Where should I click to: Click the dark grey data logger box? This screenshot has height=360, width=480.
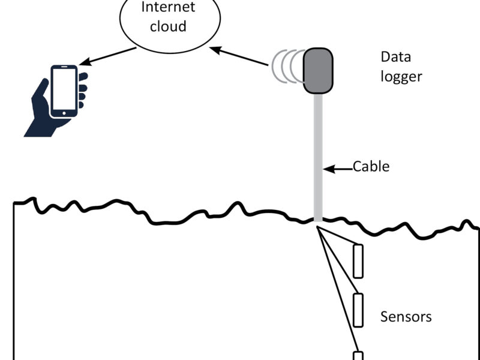pos(317,71)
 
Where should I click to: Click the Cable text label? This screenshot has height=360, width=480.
pos(371,166)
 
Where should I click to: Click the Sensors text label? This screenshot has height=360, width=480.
pos(406,316)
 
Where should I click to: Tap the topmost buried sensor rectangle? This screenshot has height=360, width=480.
pos(358,261)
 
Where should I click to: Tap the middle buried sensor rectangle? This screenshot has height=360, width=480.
pos(358,310)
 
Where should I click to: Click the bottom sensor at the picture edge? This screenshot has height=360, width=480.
pos(358,356)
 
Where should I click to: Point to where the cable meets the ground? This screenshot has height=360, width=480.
pos(318,221)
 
